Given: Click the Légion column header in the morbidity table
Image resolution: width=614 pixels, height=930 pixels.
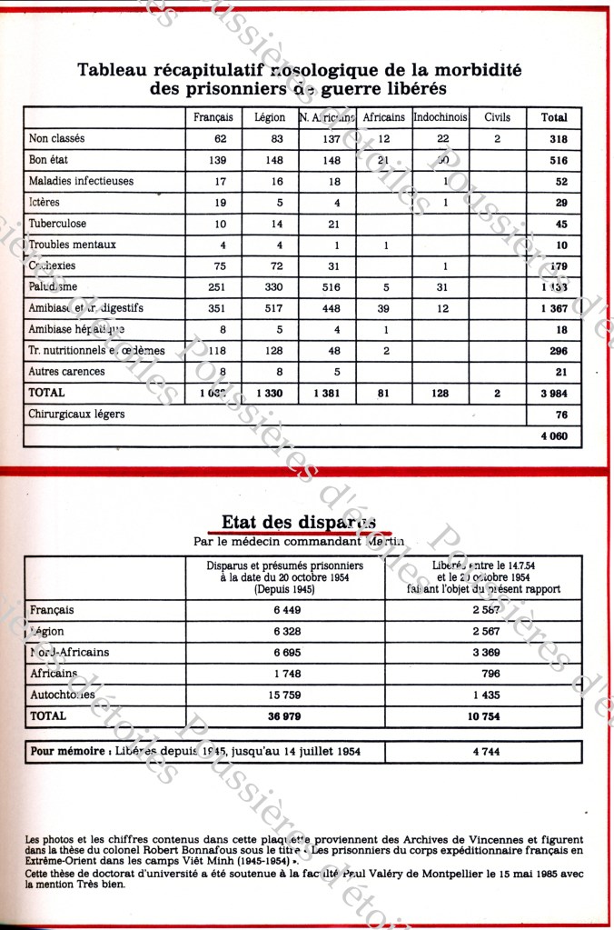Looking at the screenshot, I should pos(271,117).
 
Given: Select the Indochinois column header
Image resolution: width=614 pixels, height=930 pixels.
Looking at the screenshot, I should pos(440,117).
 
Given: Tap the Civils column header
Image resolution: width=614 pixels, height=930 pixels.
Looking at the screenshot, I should pos(497,117).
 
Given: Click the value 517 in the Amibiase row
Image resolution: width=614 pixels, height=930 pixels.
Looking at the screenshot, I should pos(271,308).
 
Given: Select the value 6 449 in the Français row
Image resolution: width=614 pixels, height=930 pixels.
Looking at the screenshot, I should pos(284,610).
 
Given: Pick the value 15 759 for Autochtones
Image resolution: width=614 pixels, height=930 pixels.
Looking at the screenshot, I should pos(284,695).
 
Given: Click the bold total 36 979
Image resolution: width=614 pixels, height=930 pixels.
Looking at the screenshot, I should pos(284,716).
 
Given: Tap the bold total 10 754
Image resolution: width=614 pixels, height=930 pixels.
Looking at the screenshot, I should pos(483,716).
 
